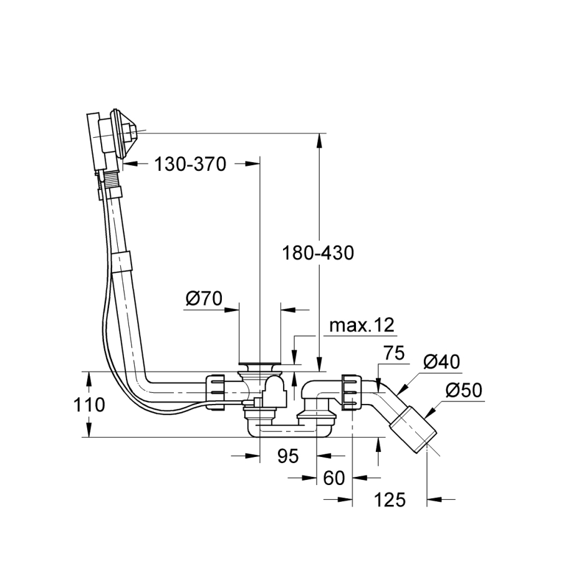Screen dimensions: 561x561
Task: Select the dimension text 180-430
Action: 318,253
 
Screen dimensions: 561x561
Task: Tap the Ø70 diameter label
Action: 204,299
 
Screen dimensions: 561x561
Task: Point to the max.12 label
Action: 362,325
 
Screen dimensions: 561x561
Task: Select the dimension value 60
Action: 335,478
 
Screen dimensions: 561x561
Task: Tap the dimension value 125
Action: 390,499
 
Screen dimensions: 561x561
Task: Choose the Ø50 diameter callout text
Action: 464,391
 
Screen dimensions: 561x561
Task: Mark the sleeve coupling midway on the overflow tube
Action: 123,260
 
